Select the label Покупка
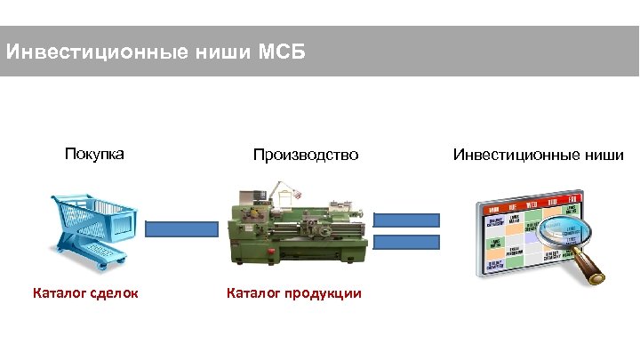pyautogui.click(x=94, y=154)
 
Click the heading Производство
pyautogui.click(x=306, y=155)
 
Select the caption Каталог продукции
pyautogui.click(x=294, y=292)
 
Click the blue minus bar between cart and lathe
pyautogui.click(x=181, y=228)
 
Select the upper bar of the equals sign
pyautogui.click(x=406, y=220)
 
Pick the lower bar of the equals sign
pyautogui.click(x=406, y=241)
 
